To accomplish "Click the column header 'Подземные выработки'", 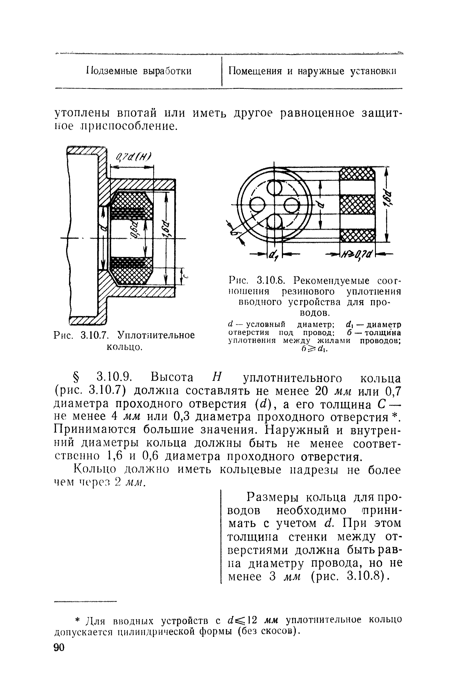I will (x=139, y=72).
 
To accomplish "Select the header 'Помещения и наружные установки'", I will (x=313, y=72).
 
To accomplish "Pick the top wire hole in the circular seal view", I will (x=275, y=188).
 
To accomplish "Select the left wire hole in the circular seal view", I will (x=258, y=204).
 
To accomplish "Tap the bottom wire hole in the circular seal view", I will (x=275, y=221).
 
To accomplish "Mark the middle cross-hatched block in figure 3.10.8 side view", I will (x=357, y=204).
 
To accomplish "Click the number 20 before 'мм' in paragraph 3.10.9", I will (x=321, y=391).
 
